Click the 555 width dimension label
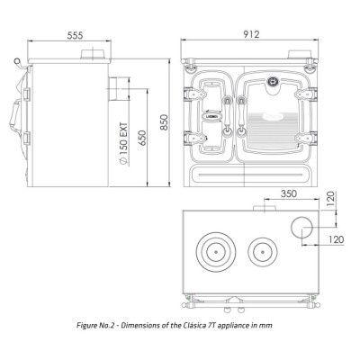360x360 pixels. (x=75, y=35)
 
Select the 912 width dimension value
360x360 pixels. (x=251, y=34)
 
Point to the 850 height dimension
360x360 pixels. (x=164, y=122)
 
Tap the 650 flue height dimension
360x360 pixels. (x=142, y=138)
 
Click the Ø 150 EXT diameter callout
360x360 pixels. (x=123, y=144)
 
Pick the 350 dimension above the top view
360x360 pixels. (x=289, y=193)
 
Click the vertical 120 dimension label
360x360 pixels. (x=329, y=199)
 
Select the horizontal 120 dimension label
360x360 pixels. (x=336, y=239)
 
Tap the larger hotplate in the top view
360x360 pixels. (x=215, y=252)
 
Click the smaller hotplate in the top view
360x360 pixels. (x=263, y=252)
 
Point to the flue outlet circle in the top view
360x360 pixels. (x=301, y=228)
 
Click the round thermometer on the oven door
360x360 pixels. (x=273, y=81)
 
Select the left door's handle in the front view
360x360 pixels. (x=227, y=115)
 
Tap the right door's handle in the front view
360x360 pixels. (x=240, y=115)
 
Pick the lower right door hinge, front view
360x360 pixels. (x=306, y=138)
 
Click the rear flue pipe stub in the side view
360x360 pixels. (x=113, y=89)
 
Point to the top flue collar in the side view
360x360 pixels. (x=93, y=54)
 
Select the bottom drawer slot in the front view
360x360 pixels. (x=247, y=174)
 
